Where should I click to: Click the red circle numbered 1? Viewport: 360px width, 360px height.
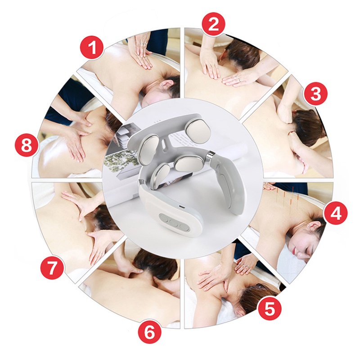[92, 48]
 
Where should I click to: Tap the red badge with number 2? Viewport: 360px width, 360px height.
[213, 24]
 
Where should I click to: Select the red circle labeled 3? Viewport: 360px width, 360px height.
[315, 94]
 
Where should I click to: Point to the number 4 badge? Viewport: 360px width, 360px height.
[335, 213]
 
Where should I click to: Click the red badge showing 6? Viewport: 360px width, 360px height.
[149, 332]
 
